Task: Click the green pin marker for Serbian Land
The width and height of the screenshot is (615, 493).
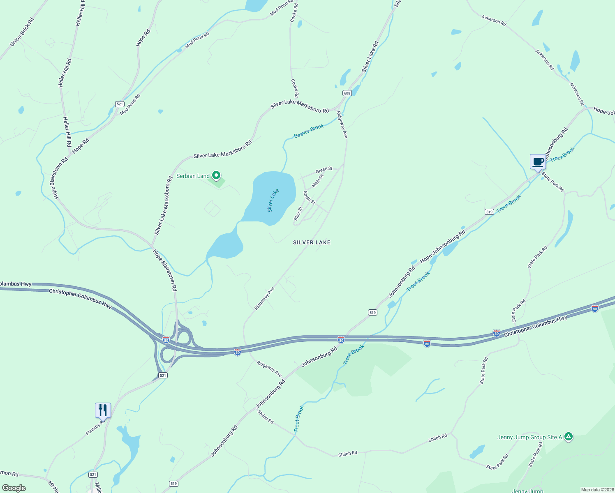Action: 216,176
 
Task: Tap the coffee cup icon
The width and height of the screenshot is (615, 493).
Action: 538,162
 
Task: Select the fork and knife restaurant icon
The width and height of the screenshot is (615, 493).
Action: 103,410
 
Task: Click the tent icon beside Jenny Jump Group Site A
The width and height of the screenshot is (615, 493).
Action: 569,437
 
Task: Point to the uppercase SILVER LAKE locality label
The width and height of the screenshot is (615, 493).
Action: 312,242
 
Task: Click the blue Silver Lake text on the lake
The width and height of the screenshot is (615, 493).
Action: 273,200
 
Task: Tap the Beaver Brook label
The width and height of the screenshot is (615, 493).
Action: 309,131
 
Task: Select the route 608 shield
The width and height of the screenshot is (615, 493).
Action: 347,93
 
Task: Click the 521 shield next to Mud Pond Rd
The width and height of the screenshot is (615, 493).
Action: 120,104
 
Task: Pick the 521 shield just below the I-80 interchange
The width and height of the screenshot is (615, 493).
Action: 163,375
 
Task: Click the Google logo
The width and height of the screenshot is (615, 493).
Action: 14,488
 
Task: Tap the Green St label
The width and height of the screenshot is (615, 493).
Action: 324,170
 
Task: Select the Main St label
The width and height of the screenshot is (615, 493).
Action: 318,181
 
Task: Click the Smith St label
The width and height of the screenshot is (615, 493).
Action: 309,198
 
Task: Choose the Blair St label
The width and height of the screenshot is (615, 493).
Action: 298,213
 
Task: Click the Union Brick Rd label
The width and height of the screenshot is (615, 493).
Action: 22,32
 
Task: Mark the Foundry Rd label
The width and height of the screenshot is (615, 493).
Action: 95,427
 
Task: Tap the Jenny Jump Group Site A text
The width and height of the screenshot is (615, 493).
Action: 530,437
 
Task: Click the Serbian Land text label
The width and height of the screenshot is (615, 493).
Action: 193,176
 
